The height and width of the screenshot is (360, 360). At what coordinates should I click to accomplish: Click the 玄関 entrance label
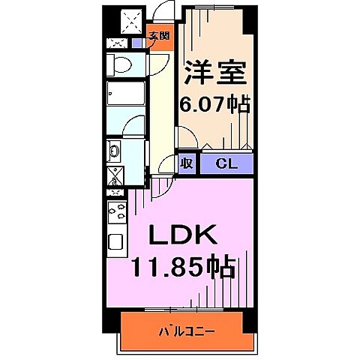click(157, 35)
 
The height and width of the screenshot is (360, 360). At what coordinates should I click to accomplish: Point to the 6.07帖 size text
click(214, 103)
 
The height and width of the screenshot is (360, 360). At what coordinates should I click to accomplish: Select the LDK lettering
click(182, 237)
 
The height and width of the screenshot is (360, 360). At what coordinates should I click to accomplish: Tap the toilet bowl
click(120, 64)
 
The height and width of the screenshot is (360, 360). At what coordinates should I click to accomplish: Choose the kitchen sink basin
click(116, 242)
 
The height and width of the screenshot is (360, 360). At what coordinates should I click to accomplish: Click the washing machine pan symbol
click(117, 177)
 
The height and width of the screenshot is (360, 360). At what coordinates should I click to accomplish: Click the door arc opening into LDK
click(159, 187)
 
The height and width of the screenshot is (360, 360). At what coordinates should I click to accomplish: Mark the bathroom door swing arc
click(133, 127)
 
